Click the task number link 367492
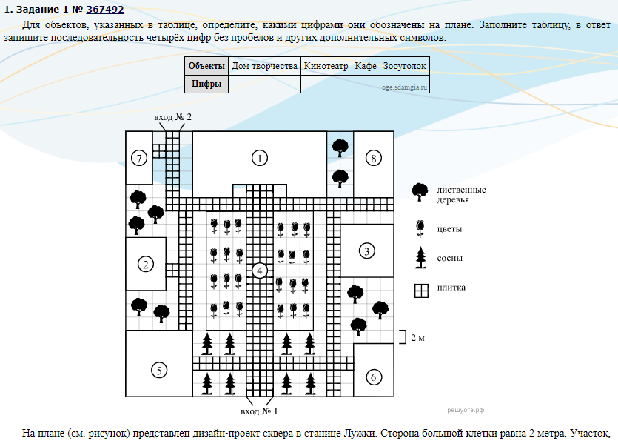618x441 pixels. (x=104, y=10)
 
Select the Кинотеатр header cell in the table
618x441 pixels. (x=326, y=66)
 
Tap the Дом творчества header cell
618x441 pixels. (x=264, y=66)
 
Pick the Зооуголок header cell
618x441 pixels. (x=404, y=66)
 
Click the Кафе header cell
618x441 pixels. (x=366, y=66)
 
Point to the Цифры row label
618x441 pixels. (x=206, y=84)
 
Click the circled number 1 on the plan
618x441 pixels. (x=258, y=157)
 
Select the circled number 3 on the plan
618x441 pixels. (x=366, y=251)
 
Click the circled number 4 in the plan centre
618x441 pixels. (x=259, y=271)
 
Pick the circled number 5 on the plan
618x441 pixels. (x=158, y=370)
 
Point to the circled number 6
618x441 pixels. (x=373, y=377)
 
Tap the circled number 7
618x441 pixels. (x=138, y=157)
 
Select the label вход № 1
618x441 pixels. (x=259, y=410)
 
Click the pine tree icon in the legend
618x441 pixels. (x=421, y=258)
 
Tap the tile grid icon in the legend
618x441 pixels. (x=421, y=290)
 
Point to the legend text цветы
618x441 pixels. (x=449, y=228)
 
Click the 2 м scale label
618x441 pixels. (x=418, y=338)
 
